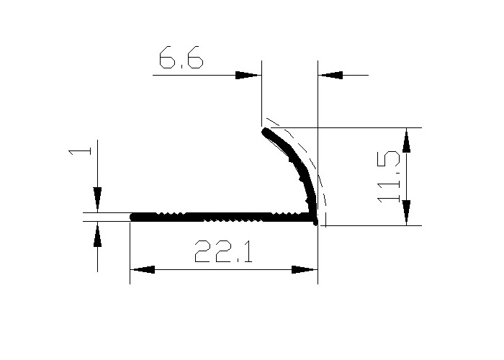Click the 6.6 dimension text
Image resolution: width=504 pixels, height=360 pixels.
[x=181, y=58]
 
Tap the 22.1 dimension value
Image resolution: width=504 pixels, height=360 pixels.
[x=223, y=251]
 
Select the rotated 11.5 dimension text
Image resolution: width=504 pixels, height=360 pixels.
[x=389, y=176]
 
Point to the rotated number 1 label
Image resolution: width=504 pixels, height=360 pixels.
[x=80, y=151]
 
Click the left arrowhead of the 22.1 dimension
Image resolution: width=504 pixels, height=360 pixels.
[x=143, y=269]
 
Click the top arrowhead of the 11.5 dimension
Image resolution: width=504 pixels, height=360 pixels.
[x=406, y=140]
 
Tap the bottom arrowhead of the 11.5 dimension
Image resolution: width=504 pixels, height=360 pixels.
[x=406, y=213]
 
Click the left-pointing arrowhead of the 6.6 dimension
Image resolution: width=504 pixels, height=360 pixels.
[x=330, y=75]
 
